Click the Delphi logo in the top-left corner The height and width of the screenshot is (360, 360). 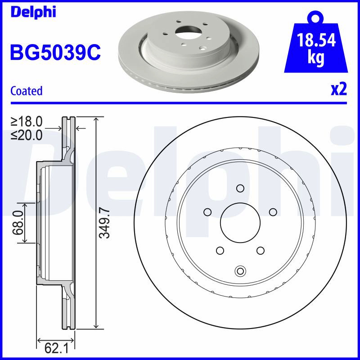[x=33, y=12]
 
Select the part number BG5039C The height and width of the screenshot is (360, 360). [x=55, y=52]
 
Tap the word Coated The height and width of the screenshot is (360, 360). [x=27, y=91]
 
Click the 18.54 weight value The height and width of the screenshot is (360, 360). [x=316, y=40]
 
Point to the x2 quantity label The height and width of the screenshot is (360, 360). [x=339, y=89]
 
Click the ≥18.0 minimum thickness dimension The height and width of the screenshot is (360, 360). [x=27, y=121]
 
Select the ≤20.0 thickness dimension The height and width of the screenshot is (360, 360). [x=27, y=135]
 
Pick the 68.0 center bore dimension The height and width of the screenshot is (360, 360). [x=18, y=223]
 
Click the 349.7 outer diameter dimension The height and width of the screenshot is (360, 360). [x=105, y=223]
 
